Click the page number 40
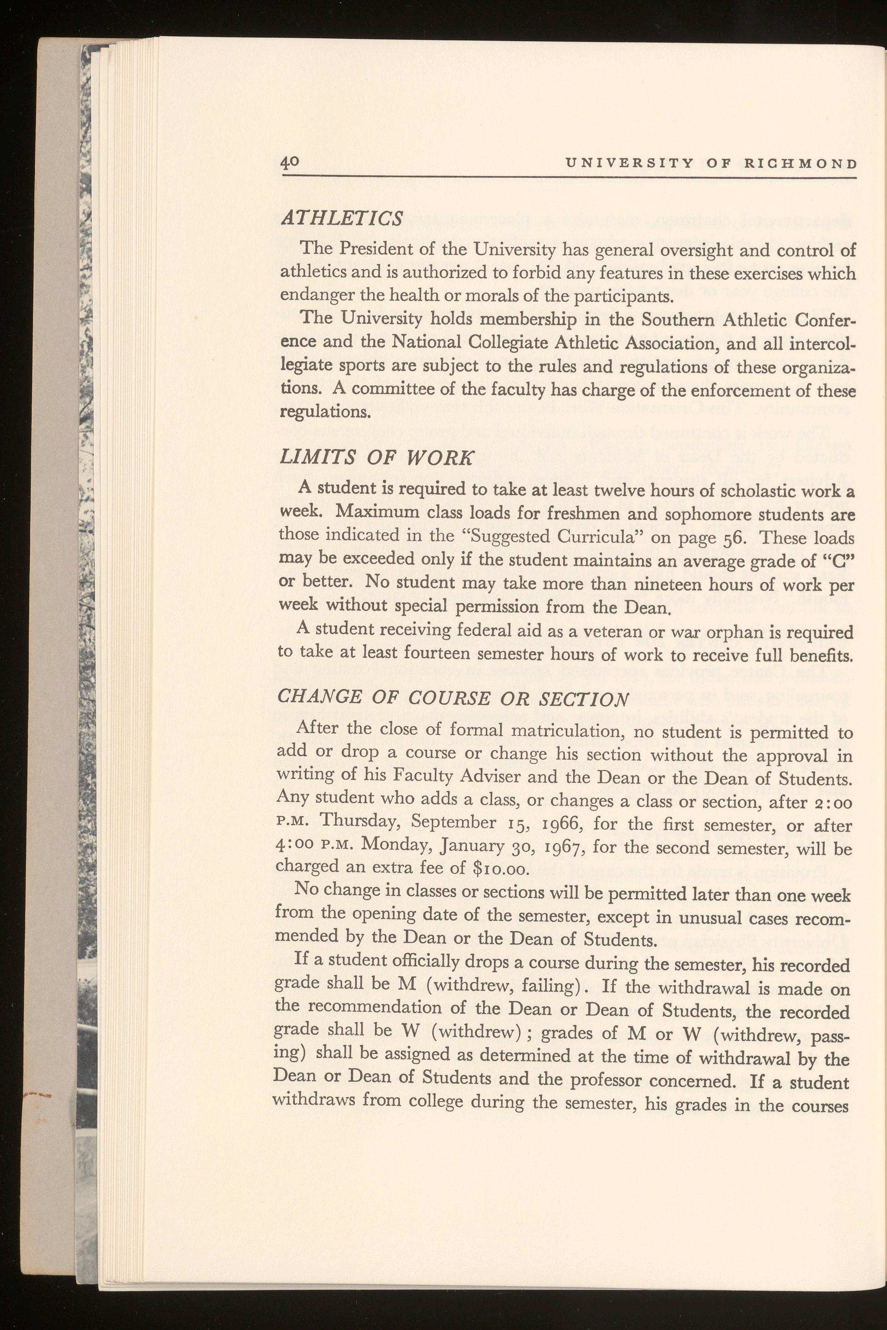click(290, 163)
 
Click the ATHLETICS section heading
click(342, 218)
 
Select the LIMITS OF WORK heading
click(376, 457)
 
